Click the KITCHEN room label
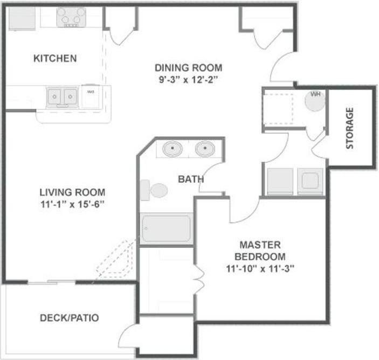click(x=55, y=58)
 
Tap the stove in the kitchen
click(x=71, y=17)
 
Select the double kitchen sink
click(x=62, y=97)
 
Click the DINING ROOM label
click(x=188, y=68)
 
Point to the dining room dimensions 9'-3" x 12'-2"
click(x=188, y=79)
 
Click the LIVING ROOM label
click(x=72, y=192)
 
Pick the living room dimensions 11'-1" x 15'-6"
click(x=72, y=204)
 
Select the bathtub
click(x=166, y=229)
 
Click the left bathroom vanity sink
click(x=173, y=148)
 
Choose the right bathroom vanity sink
click(x=205, y=148)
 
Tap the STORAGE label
click(x=350, y=128)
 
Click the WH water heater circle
click(x=315, y=100)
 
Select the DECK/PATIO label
click(x=70, y=318)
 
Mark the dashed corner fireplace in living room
click(x=115, y=261)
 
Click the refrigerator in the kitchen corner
click(x=22, y=18)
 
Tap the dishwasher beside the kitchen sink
click(x=91, y=96)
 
